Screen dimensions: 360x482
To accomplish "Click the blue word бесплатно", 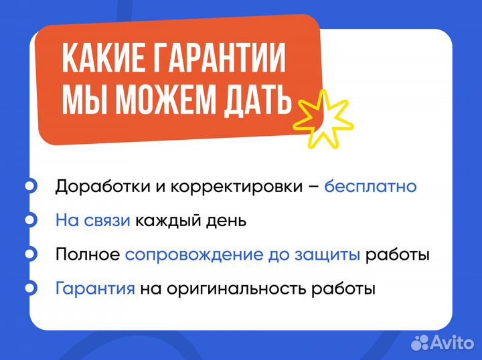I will tap(370, 186).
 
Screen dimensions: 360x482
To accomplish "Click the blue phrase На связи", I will tap(93, 220).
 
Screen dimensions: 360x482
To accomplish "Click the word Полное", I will tap(88, 255).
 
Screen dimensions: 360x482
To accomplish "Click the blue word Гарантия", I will tap(96, 289).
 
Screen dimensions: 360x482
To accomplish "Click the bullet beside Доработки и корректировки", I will tap(30, 186).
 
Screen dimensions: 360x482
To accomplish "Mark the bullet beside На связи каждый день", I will tap(30, 220).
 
